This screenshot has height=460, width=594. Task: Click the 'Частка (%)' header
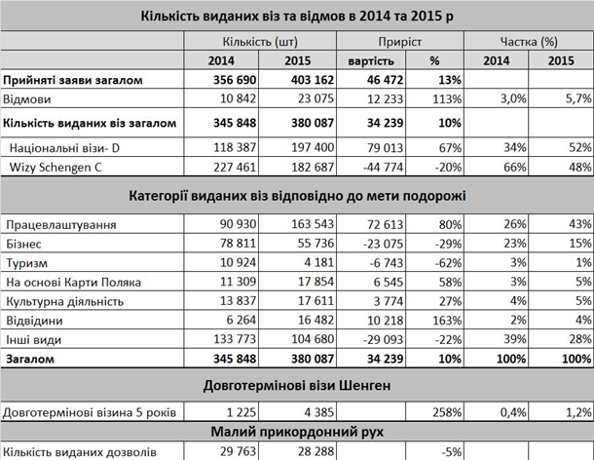(528, 42)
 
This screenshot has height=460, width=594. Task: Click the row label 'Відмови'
(26, 98)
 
